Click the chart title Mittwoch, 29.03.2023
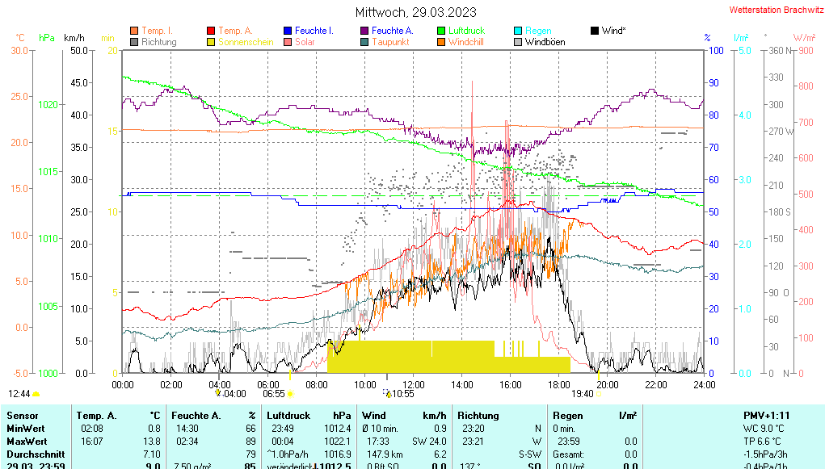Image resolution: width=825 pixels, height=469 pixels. coord(415,12)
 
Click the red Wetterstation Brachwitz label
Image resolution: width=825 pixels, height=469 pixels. coord(775,10)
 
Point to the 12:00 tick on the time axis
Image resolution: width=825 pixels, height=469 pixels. coord(414,384)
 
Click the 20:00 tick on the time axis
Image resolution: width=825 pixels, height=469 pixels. coord(608,384)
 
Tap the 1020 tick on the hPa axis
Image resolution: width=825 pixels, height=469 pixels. coord(48,104)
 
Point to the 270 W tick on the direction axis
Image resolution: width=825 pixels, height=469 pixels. coord(779,132)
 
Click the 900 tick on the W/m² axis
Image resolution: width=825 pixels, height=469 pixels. coord(805,51)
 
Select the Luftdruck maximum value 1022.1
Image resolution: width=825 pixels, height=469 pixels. coord(338,442)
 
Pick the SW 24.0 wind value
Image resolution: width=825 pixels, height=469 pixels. coord(429,442)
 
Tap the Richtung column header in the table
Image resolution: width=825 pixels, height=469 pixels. coord(480,415)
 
